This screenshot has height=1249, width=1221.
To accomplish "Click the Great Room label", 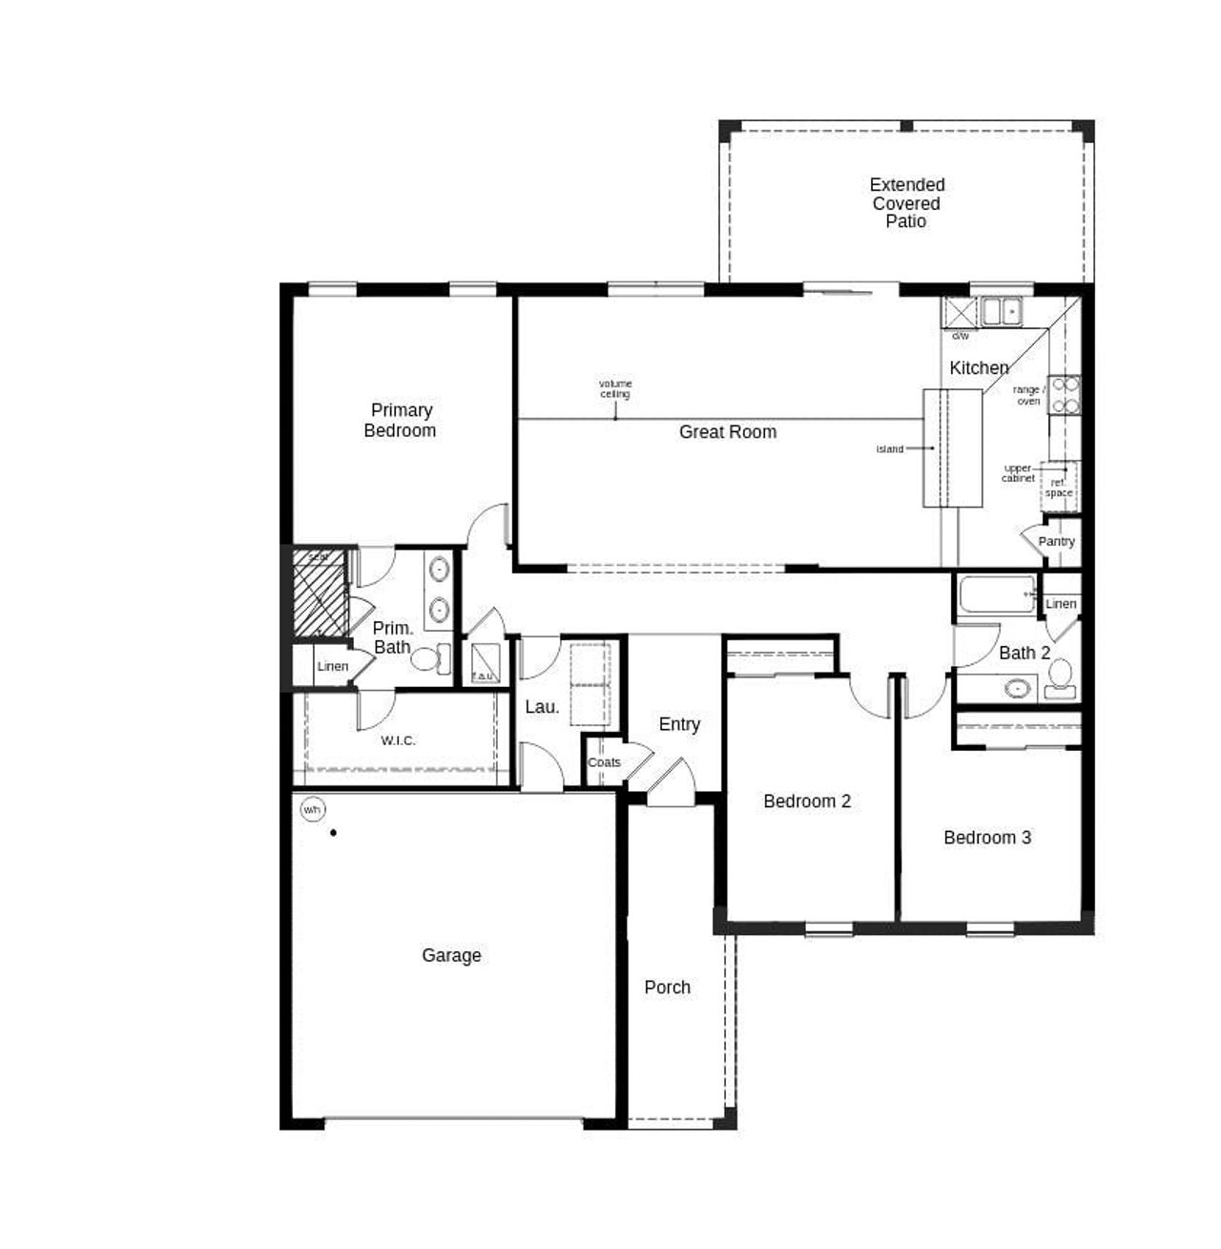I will [x=727, y=432].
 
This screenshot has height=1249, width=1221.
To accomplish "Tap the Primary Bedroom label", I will [x=401, y=420].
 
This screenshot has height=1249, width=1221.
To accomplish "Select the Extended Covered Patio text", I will [x=906, y=202].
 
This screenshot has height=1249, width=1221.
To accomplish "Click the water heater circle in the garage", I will [x=312, y=810].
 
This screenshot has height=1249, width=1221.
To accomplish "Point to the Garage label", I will [x=451, y=955].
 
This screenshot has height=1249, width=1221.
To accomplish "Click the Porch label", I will [x=667, y=988].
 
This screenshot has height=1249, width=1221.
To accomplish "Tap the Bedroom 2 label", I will [x=806, y=801].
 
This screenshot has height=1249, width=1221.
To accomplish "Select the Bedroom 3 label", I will [x=986, y=838].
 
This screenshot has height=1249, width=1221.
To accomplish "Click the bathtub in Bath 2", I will [x=997, y=594].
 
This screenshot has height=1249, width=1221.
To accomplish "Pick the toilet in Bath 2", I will [x=1060, y=679].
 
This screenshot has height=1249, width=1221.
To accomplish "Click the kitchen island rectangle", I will [x=952, y=448].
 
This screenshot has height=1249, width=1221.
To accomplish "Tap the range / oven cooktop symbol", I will [x=1065, y=395].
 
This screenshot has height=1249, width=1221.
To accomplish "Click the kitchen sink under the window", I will [x=1002, y=311].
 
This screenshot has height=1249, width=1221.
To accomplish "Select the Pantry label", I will [x=1056, y=541].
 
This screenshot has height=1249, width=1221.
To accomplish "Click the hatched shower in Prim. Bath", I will [x=320, y=593].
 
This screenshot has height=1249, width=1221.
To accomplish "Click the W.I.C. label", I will [x=398, y=740].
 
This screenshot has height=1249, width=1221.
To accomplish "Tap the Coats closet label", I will [x=604, y=762].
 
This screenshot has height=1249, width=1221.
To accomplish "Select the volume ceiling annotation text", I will [x=615, y=388].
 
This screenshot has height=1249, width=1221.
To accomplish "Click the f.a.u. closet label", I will [x=484, y=677].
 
